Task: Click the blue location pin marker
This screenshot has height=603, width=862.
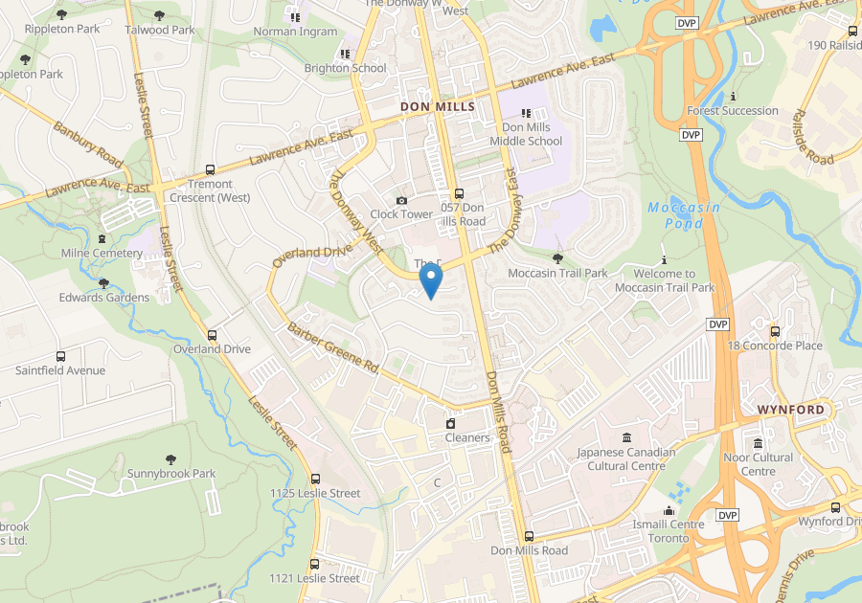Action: [x=431, y=280]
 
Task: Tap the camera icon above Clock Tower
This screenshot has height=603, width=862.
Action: [x=401, y=200]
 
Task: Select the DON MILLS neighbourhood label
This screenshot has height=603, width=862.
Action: [x=437, y=106]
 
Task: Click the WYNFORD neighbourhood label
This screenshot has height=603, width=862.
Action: [x=790, y=410]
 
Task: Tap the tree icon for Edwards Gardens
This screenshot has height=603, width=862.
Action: [x=104, y=283]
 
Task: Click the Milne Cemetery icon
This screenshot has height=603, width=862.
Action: [x=102, y=238]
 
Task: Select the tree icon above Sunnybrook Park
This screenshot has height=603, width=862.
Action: [x=171, y=459]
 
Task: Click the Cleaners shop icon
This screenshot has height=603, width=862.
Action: [x=450, y=423]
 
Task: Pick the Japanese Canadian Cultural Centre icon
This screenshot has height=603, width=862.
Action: [x=625, y=437]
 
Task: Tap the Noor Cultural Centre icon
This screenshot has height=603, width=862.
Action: [x=759, y=443]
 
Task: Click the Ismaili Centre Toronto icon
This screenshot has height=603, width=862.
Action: [x=669, y=510]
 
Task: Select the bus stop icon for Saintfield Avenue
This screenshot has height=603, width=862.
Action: [x=60, y=356]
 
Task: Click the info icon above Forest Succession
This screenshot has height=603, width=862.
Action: [x=733, y=96]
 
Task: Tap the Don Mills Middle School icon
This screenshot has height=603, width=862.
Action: [x=526, y=113]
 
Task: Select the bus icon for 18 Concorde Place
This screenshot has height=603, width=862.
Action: [x=775, y=331]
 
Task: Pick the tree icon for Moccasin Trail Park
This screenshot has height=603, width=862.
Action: [x=557, y=258]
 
